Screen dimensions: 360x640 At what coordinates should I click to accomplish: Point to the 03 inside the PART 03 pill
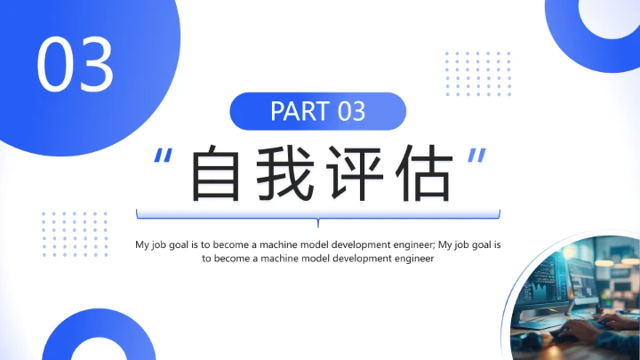click(351, 111)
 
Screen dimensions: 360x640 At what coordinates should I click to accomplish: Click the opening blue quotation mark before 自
click(162, 158)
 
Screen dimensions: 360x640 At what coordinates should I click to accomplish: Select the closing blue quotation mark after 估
click(477, 158)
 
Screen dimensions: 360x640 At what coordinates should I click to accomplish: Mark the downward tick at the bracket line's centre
click(317, 223)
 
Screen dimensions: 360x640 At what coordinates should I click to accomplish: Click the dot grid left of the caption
click(75, 233)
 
